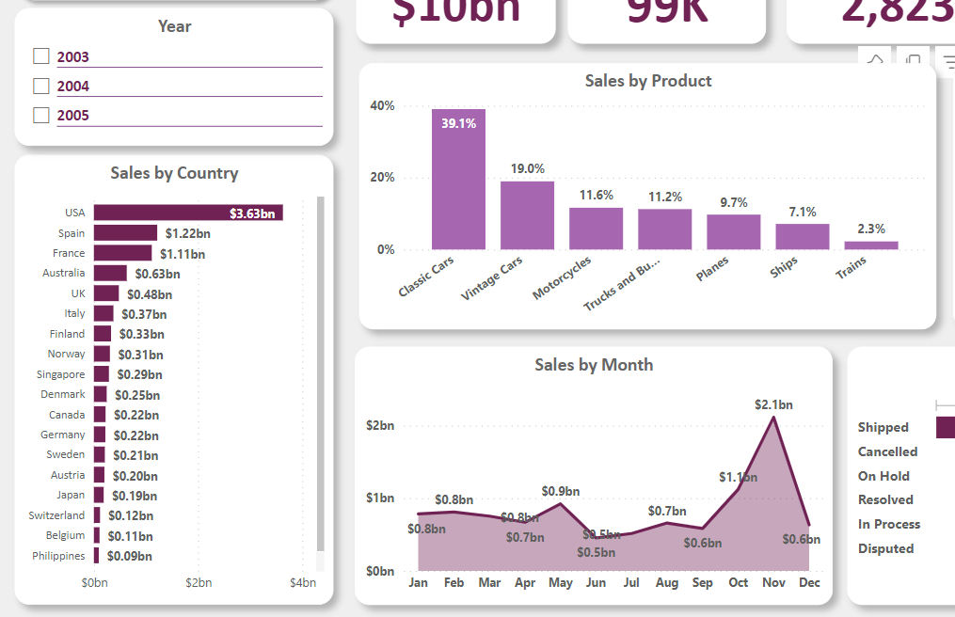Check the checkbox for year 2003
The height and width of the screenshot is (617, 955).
click(40, 56)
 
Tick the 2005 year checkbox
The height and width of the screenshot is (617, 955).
click(40, 115)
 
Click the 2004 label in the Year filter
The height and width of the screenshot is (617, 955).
click(72, 86)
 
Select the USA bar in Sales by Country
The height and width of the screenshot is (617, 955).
click(187, 213)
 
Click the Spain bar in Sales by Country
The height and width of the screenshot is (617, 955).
click(125, 232)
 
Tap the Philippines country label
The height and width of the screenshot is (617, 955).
click(58, 556)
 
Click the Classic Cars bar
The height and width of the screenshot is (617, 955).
click(458, 179)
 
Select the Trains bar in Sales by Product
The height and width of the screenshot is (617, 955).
click(878, 245)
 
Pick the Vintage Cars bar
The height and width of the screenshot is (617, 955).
click(527, 214)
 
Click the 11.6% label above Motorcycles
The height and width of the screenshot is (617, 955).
click(596, 195)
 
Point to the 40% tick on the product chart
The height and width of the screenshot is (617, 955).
click(383, 105)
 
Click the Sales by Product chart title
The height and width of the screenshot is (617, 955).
click(648, 81)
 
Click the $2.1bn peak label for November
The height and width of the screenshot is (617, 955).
click(773, 404)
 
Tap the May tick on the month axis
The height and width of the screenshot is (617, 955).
click(560, 582)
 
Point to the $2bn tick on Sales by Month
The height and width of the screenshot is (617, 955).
click(380, 425)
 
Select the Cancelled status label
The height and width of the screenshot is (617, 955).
click(887, 451)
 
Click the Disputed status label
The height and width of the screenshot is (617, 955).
click(885, 548)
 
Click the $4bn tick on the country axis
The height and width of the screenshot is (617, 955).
click(303, 582)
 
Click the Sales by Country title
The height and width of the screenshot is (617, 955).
click(174, 173)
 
